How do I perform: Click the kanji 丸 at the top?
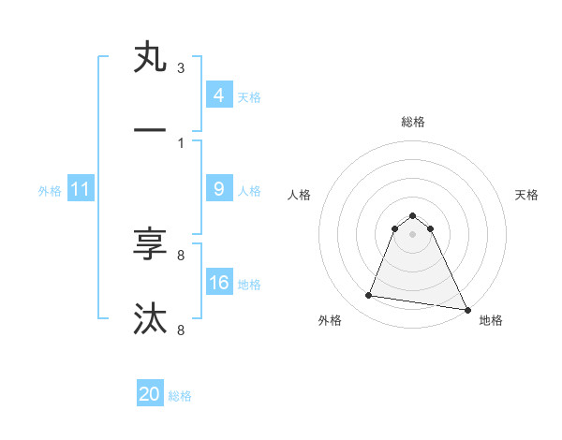tap(150, 59)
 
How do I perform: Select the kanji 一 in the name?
tap(150, 131)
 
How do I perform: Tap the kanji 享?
tap(150, 246)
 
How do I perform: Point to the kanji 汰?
tap(150, 318)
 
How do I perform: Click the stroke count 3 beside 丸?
tap(181, 68)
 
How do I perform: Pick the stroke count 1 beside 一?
tap(181, 142)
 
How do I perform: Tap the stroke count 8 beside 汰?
tap(181, 329)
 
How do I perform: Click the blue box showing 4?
tap(218, 95)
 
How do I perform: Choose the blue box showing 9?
tap(218, 188)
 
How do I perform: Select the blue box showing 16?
tap(218, 282)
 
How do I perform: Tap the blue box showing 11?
tap(81, 189)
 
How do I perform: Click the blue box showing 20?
tap(150, 394)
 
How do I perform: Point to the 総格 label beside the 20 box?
tap(180, 396)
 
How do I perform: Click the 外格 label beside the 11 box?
tap(50, 190)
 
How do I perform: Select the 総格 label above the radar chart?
tap(412, 122)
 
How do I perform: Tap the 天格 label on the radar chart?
tap(526, 195)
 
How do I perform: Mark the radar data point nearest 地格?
tap(466, 308)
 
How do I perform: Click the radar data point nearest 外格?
tap(368, 296)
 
